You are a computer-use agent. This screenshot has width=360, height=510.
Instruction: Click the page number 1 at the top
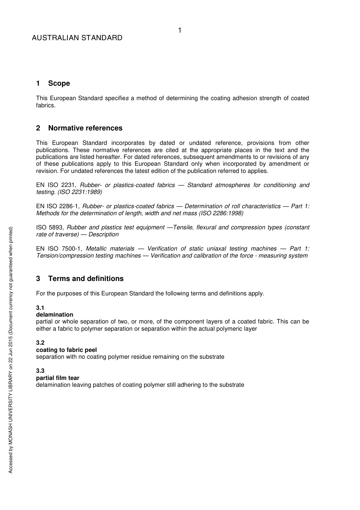(180, 30)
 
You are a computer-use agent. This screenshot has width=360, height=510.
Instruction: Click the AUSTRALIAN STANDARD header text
(77, 38)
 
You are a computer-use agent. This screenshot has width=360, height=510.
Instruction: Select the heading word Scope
(59, 83)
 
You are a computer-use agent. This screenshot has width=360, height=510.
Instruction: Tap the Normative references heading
(85, 128)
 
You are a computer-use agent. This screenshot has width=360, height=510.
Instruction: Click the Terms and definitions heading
(86, 279)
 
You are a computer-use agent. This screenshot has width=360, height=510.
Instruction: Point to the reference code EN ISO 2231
(56, 185)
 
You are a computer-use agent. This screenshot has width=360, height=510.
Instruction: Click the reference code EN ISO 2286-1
(58, 206)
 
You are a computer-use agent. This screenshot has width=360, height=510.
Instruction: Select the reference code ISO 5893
(50, 228)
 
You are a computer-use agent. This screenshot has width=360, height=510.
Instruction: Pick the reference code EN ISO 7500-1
(59, 249)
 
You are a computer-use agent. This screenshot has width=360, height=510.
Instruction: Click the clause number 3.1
(40, 308)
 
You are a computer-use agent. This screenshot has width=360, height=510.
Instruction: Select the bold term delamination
(55, 315)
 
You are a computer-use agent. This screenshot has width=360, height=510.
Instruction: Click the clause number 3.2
(40, 343)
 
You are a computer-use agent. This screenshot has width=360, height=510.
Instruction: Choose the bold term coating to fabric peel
(66, 350)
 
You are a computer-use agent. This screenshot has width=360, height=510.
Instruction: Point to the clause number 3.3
(40, 371)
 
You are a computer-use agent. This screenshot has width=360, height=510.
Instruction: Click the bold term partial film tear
(58, 378)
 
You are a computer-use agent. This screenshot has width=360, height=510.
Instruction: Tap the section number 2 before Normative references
(38, 128)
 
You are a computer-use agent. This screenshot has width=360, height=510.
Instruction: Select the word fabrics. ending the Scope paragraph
(46, 105)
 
